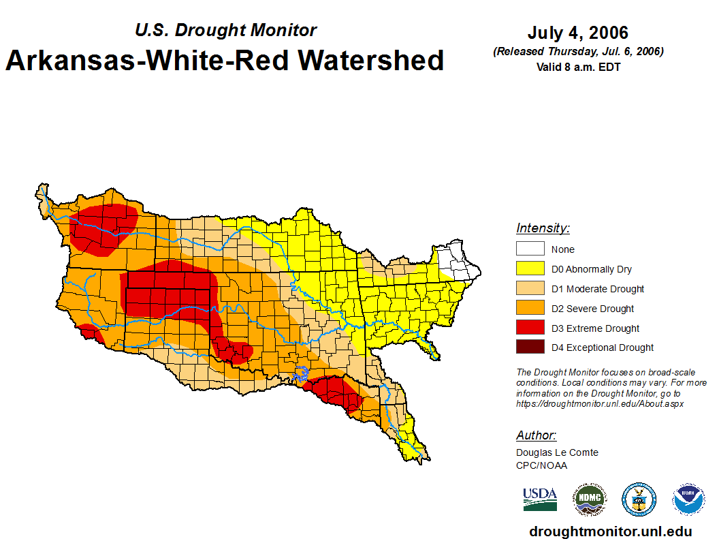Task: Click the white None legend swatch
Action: (530, 249)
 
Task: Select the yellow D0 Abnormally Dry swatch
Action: (530, 268)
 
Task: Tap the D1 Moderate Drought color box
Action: (530, 288)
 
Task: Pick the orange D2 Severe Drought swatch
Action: (530, 308)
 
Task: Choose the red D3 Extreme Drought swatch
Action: (530, 328)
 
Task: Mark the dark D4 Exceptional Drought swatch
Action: (530, 347)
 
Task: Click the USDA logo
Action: (540, 499)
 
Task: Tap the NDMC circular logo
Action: (589, 499)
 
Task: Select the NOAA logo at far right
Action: (688, 499)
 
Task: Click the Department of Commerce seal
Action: (639, 499)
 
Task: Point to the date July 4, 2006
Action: (577, 33)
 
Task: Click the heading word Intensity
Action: (543, 228)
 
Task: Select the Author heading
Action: (536, 435)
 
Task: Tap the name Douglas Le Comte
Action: (557, 452)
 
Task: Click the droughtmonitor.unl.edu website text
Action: (610, 532)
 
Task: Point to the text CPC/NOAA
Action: (541, 465)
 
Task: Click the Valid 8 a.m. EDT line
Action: (578, 67)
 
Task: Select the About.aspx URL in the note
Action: (600, 403)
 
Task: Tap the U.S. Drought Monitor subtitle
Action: (225, 30)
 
